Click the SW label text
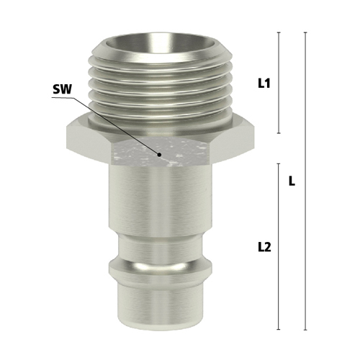click(x=62, y=89)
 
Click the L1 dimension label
click(x=264, y=84)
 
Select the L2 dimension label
click(x=264, y=247)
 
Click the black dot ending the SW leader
click(x=159, y=155)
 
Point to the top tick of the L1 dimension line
click(x=279, y=32)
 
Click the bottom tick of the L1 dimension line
click(x=279, y=133)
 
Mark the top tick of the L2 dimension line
click(x=279, y=163)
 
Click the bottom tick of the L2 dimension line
click(x=279, y=329)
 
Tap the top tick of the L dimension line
click(x=305, y=32)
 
